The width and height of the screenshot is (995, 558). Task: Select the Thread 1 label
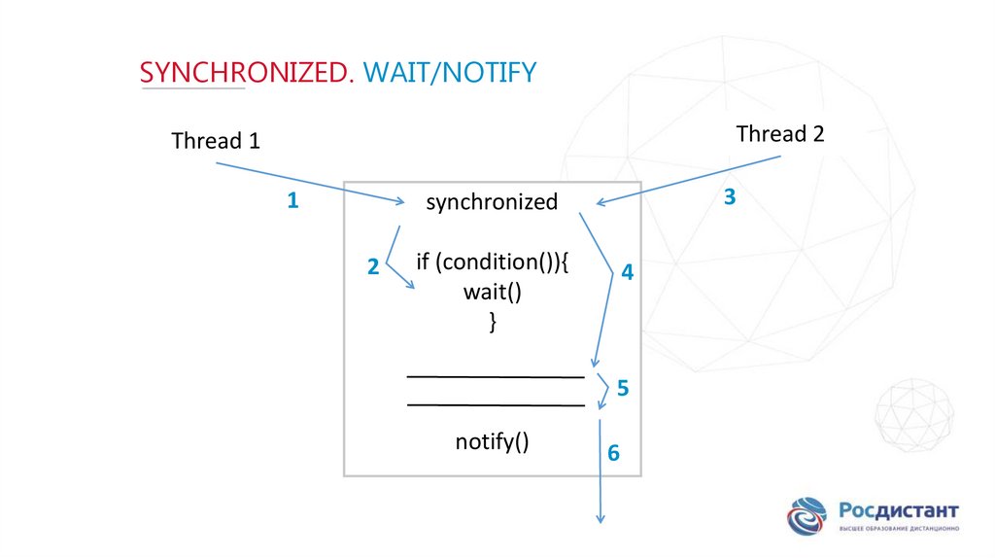point(216,141)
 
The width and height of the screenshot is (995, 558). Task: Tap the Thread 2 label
point(780,134)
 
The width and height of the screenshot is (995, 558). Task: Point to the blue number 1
point(292,202)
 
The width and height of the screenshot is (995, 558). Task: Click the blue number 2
point(373,269)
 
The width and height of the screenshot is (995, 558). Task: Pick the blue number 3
point(730,197)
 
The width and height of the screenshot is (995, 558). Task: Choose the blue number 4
point(628,273)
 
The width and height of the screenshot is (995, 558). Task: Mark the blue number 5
point(623,389)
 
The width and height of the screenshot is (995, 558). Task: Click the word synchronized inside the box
point(492,202)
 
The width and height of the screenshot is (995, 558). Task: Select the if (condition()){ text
point(492,262)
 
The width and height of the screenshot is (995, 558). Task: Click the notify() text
point(492,442)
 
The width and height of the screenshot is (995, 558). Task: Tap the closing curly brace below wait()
point(494,323)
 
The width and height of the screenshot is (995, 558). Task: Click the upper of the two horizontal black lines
point(496,375)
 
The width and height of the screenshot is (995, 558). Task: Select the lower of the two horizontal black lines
point(496,404)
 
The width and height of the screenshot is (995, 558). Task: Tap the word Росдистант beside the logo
point(899,509)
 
